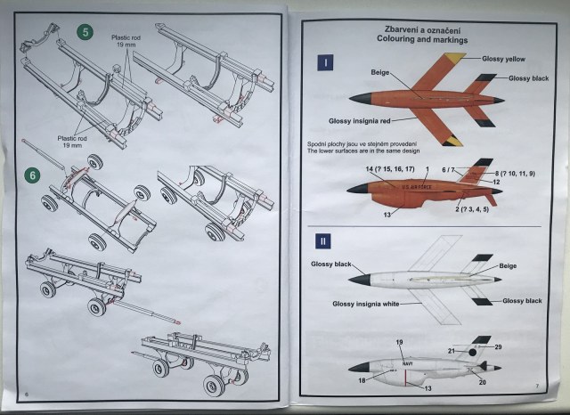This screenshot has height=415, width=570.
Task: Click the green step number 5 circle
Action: (x=85, y=32)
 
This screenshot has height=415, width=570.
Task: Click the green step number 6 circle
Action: (x=33, y=175)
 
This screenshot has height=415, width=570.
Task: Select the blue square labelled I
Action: (x=327, y=62)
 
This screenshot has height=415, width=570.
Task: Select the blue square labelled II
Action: (x=327, y=240)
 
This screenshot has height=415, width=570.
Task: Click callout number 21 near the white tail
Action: (x=452, y=352)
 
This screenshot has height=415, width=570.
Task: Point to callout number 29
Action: (x=498, y=346)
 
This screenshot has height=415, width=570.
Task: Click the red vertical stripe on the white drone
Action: (x=406, y=377)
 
